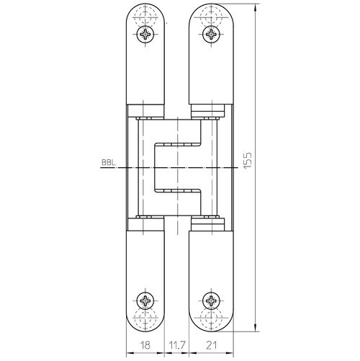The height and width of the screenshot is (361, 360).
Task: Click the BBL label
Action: coord(108,163)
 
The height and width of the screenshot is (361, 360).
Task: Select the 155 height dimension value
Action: coord(248,160)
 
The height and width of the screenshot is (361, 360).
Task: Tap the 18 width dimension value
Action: coord(145,345)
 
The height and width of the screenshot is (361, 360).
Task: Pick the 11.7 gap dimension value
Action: coord(176,345)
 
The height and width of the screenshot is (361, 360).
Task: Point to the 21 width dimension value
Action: coord(211,345)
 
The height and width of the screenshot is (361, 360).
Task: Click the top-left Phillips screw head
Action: coord(145,35)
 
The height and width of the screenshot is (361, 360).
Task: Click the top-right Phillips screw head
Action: coord(211,35)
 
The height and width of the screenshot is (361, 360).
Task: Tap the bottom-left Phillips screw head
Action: coord(145,300)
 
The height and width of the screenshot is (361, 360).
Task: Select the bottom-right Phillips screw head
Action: coord(211,300)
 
